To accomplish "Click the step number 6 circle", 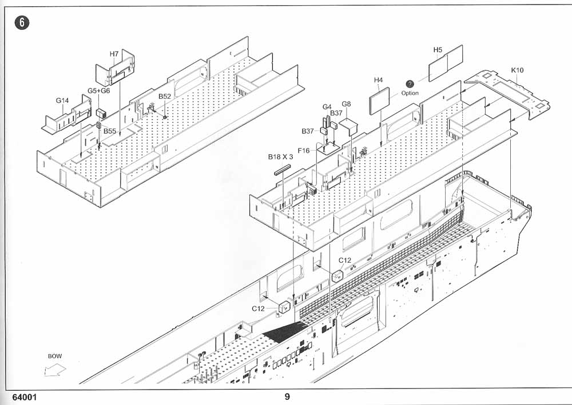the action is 22,23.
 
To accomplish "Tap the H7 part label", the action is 114,54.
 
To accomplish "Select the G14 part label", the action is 62,101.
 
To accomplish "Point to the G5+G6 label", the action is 98,91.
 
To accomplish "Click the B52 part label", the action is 165,97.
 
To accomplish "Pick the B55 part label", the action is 109,131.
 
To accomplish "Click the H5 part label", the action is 438,50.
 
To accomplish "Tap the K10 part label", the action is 517,70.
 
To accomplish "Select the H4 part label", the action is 378,80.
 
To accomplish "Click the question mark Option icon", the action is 410,84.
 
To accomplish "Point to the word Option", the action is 410,93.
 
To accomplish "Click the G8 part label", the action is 346,104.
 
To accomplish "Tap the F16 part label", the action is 304,150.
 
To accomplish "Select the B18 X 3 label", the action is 280,157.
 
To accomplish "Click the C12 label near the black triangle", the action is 259,308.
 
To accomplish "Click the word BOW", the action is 55,356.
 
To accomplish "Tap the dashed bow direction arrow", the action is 55,370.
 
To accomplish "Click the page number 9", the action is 287,396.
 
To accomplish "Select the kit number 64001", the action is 25,398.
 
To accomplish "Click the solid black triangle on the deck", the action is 283,331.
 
